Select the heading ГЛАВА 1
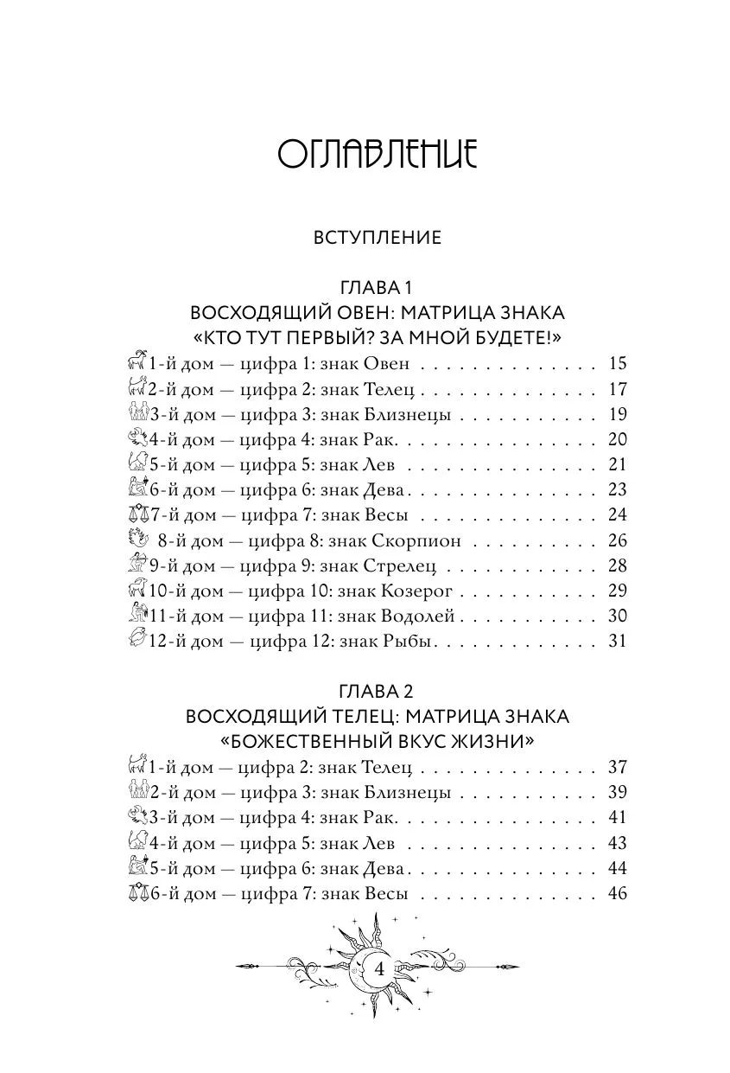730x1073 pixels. (378, 287)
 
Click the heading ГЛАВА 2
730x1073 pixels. (378, 692)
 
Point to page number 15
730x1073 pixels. (617, 363)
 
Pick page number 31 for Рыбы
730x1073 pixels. (617, 642)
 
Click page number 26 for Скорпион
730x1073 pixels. (617, 541)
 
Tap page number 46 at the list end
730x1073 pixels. (617, 894)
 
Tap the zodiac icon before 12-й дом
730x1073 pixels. (136, 641)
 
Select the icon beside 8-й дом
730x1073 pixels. (136, 540)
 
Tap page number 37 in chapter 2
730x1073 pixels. (617, 768)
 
